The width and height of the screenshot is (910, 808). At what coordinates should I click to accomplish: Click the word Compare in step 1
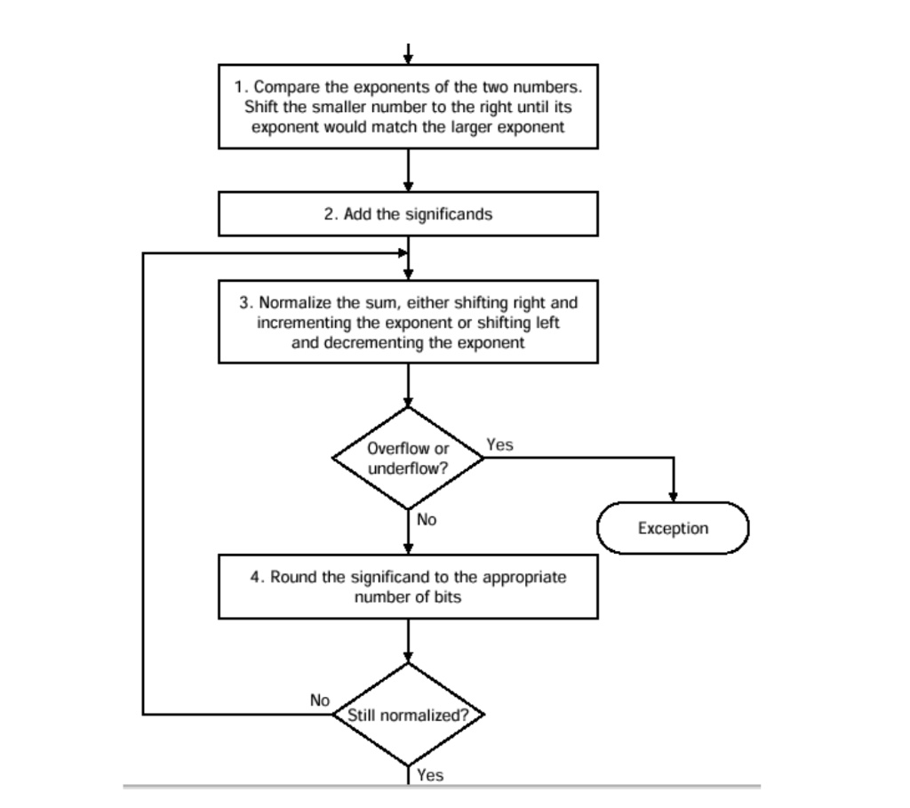(287, 87)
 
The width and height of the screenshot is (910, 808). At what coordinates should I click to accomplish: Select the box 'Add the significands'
(408, 213)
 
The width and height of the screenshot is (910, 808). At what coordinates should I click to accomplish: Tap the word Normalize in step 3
(295, 302)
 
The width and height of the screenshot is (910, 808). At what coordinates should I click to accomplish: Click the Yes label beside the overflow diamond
(499, 444)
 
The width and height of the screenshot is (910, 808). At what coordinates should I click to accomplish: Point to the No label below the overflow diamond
(427, 519)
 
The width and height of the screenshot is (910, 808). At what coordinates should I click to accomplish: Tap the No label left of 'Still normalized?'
(320, 700)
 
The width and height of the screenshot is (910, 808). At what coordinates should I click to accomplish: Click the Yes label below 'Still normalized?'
(430, 775)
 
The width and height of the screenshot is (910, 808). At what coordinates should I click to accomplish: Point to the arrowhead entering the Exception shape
(674, 497)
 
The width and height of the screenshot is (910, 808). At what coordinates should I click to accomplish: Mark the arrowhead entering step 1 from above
(408, 60)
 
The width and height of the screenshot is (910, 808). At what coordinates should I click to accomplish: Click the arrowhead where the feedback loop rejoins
(403, 253)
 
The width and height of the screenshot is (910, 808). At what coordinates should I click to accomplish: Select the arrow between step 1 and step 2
(408, 170)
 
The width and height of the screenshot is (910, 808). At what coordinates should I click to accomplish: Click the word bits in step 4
(448, 596)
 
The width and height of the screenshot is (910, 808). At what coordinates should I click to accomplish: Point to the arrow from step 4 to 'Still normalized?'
(408, 641)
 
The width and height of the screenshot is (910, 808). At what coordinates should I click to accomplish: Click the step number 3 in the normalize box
(244, 302)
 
